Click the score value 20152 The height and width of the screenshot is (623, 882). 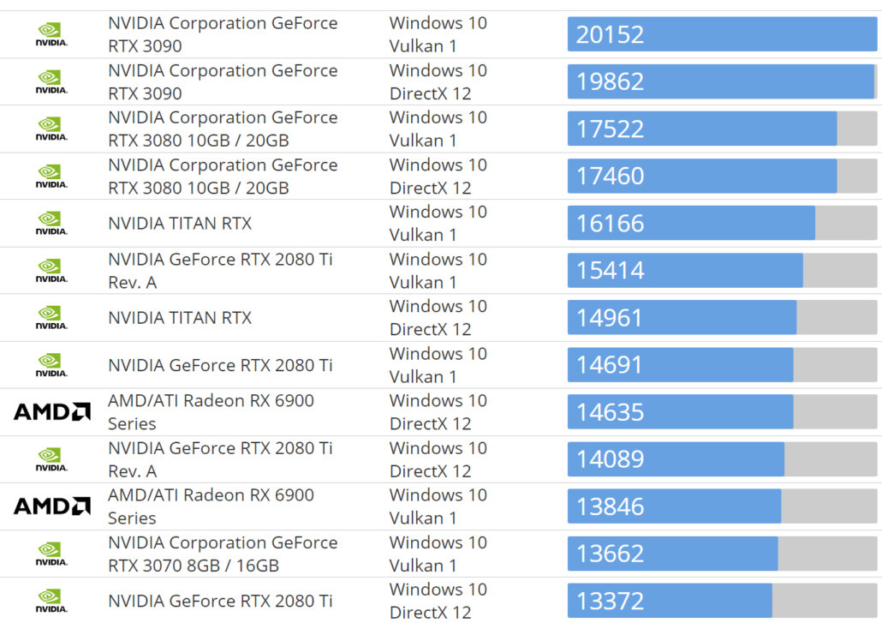(610, 34)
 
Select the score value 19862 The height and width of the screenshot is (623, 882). (610, 81)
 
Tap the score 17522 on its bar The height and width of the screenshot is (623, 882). (610, 129)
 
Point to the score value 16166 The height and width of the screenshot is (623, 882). (610, 224)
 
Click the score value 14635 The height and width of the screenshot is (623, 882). (610, 412)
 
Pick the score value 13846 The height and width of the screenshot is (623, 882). (610, 506)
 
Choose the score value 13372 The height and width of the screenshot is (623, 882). (610, 601)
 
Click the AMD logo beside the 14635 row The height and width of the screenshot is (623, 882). (52, 412)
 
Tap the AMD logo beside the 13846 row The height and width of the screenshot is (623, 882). (52, 506)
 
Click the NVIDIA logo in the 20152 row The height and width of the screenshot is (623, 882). (51, 34)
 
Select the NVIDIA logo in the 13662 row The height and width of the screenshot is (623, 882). (51, 554)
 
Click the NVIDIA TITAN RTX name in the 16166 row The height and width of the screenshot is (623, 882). (180, 224)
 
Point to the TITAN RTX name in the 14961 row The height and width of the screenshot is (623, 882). (180, 318)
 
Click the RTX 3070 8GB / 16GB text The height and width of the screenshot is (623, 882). (194, 566)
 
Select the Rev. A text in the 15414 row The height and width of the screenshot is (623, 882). (132, 282)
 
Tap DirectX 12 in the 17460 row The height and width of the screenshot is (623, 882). (430, 188)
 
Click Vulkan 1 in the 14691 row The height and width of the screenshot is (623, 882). (423, 376)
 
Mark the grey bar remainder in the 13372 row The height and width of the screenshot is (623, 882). (824, 601)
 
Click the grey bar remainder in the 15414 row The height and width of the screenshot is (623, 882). (839, 271)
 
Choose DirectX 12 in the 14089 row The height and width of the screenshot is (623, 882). (430, 470)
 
